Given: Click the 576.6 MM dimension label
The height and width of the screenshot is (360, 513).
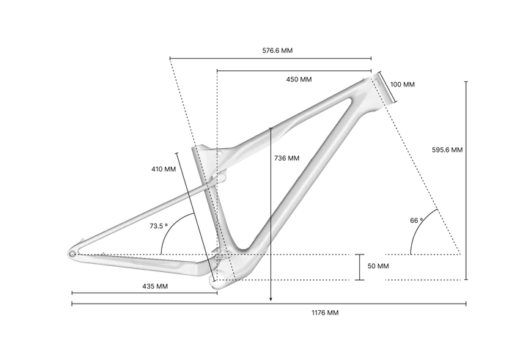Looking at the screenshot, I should point(278,51).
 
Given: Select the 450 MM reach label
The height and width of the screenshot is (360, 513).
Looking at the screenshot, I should point(298,79).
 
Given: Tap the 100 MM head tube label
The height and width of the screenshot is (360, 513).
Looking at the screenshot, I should point(402,84).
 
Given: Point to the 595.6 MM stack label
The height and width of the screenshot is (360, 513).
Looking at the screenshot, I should point(447,150).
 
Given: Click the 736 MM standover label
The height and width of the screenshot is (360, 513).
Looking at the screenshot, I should point(287,158).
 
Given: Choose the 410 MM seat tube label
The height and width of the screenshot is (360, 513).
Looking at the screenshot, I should point(163,169).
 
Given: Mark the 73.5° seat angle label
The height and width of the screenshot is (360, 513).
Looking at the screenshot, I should point(159,226).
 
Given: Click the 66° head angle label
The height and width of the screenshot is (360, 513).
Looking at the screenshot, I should point(416,220).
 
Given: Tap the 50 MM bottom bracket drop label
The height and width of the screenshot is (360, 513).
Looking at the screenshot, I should point(378,265).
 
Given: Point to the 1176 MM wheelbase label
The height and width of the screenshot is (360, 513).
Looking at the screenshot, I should point(323,312).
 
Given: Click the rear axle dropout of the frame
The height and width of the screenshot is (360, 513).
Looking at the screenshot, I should point(73,254).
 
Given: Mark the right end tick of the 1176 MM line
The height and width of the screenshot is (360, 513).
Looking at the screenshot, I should point(466,302).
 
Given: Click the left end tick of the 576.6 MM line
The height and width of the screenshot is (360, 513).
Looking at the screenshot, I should point(169,59).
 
